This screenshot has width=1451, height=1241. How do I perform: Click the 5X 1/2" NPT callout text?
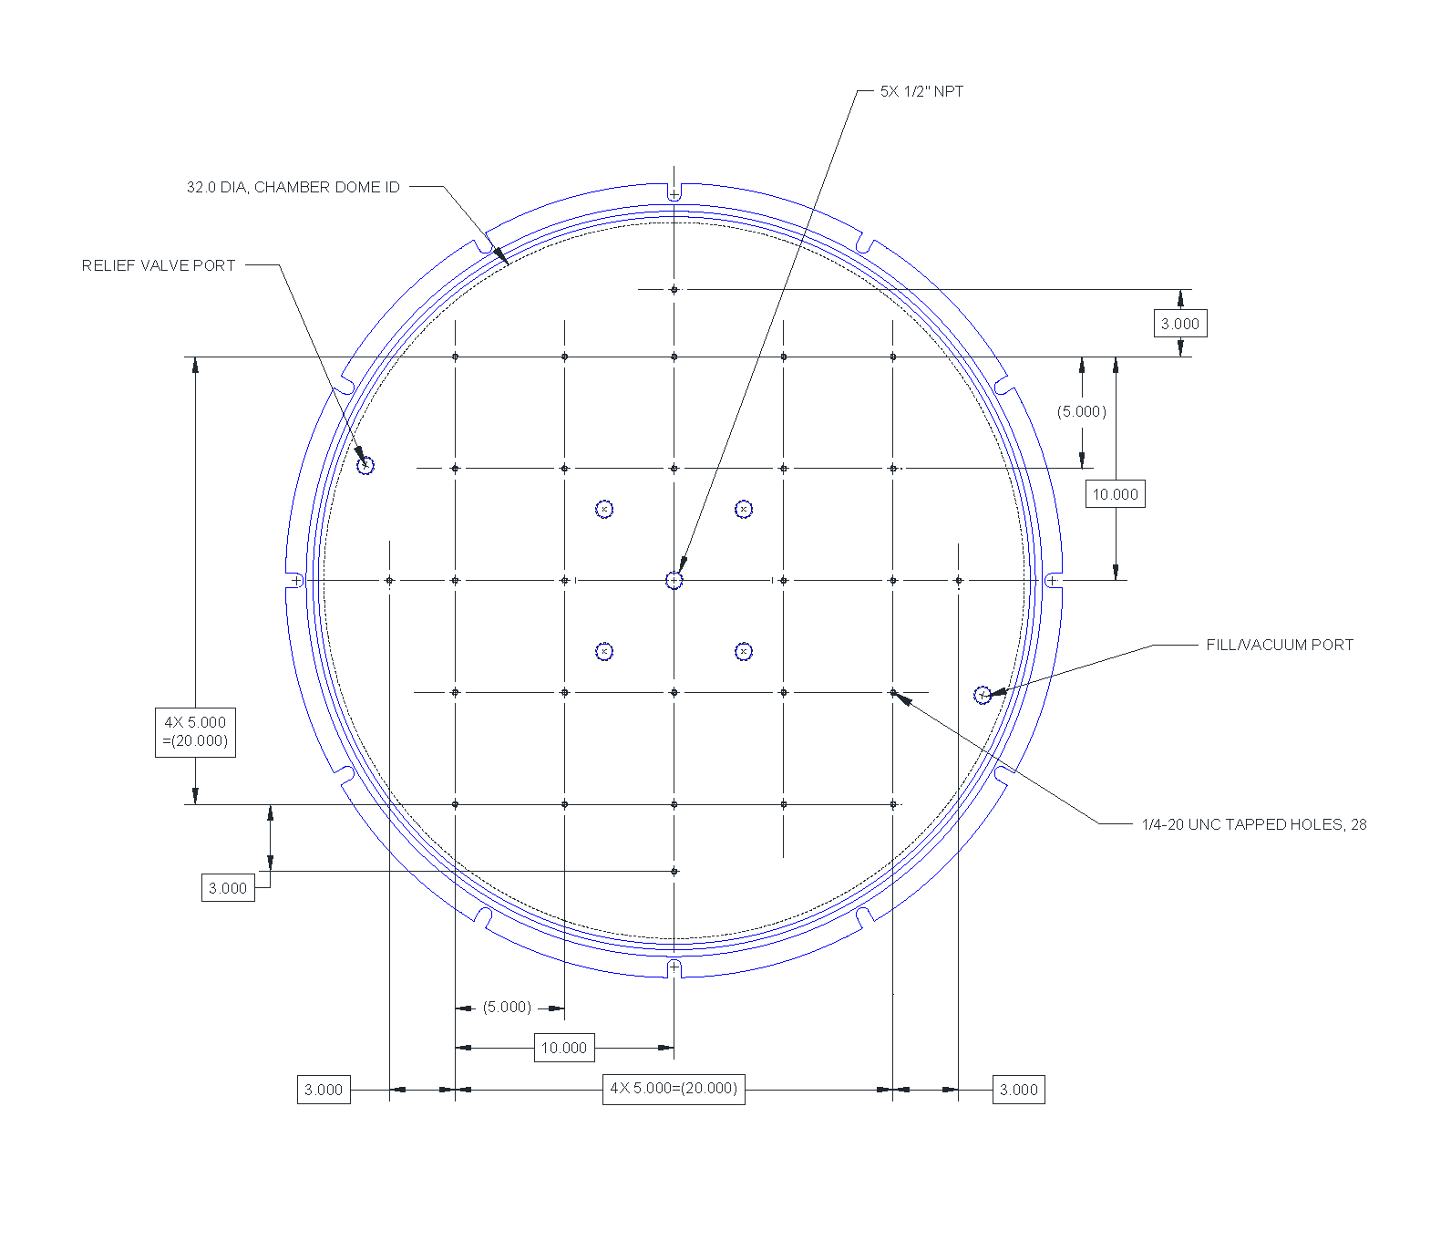(921, 91)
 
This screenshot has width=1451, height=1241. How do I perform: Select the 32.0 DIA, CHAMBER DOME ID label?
(293, 187)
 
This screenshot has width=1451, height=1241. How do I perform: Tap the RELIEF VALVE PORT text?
(159, 265)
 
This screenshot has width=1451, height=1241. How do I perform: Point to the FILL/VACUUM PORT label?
(1279, 645)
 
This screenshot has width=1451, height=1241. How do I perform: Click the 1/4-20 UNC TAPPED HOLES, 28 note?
(1253, 824)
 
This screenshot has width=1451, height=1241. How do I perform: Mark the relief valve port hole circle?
(365, 466)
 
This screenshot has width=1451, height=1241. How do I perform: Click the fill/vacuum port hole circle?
(983, 695)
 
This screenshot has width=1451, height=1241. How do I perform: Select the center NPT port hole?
(674, 580)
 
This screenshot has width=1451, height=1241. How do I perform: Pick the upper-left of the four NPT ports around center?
(604, 509)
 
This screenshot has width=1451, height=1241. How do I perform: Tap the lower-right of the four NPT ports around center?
(744, 651)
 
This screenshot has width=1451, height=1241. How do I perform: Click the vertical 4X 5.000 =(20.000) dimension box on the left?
(195, 731)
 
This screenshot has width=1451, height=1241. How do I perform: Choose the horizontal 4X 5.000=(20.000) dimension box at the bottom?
(674, 1089)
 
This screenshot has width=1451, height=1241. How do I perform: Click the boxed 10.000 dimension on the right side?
(1115, 494)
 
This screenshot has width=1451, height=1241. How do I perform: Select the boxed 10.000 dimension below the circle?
(564, 1048)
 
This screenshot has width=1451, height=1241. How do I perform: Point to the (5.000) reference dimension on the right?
(1082, 411)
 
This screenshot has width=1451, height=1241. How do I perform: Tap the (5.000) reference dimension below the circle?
(507, 1007)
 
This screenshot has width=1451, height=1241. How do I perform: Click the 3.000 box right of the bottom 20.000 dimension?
(1018, 1090)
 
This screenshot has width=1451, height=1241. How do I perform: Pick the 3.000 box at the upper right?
(1180, 324)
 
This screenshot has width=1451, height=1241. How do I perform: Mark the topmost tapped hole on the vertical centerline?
(674, 289)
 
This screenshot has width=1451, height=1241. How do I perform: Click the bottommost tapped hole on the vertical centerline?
(674, 872)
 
